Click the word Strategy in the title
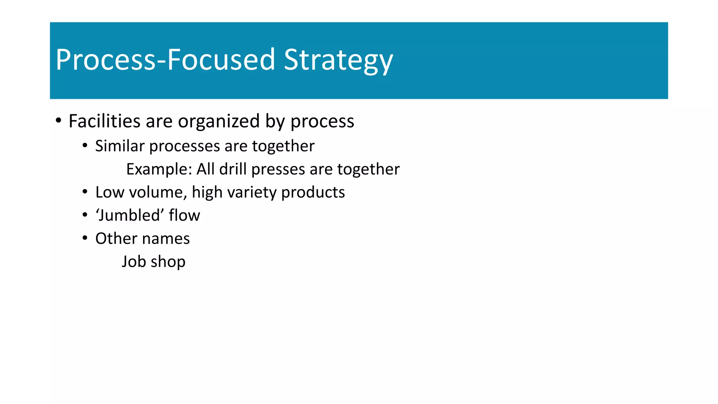(x=338, y=60)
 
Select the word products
(x=313, y=193)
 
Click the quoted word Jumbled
(x=130, y=215)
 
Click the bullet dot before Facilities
(x=59, y=121)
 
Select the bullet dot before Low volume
(x=85, y=192)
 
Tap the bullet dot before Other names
(x=85, y=238)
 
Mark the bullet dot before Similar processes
(x=85, y=146)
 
